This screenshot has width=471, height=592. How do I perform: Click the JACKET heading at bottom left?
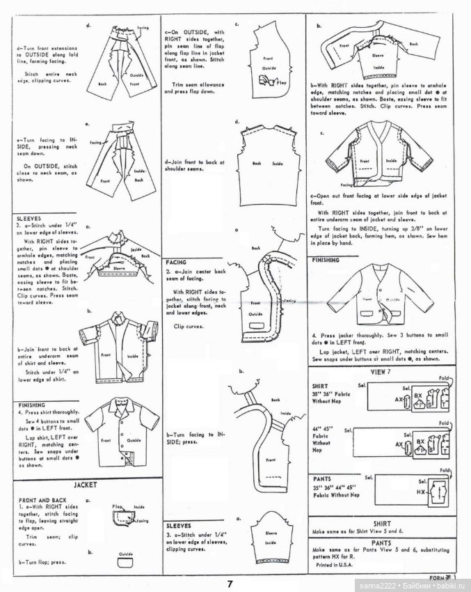(85, 485)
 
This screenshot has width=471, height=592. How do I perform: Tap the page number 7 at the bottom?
(230, 583)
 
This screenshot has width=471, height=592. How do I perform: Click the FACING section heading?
(177, 262)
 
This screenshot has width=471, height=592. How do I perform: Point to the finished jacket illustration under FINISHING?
(378, 297)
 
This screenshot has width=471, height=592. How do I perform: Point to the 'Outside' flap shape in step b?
(126, 557)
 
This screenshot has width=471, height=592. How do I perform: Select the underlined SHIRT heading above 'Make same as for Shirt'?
(382, 523)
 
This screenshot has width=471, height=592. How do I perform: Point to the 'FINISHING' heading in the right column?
(327, 260)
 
